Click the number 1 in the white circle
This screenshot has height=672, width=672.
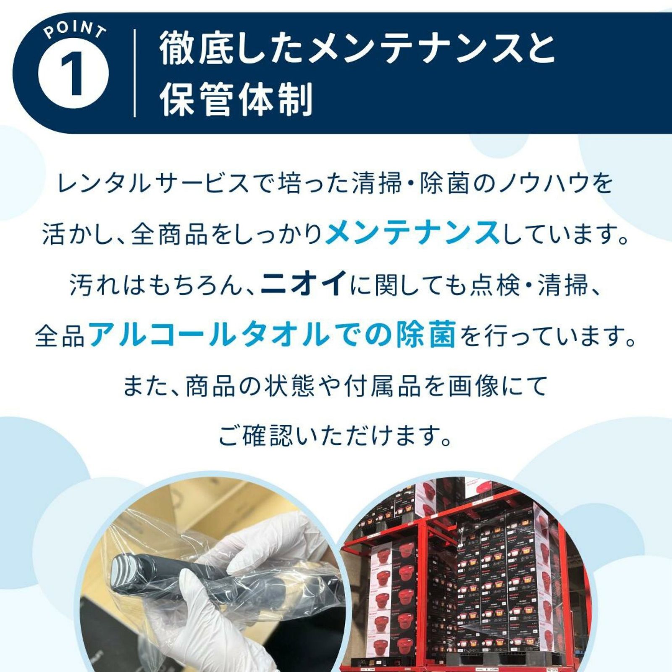73,75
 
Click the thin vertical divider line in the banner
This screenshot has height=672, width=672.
134,73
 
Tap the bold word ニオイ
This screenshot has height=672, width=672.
303,284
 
